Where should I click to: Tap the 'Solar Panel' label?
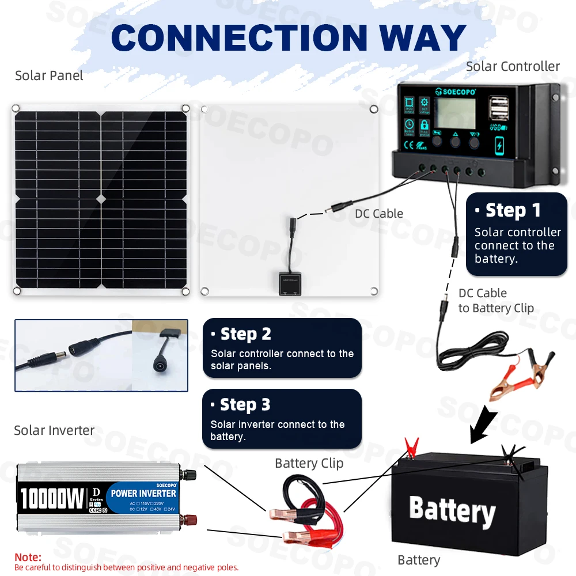(x=49, y=75)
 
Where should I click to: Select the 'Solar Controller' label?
(x=513, y=66)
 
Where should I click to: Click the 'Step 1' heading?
(x=513, y=210)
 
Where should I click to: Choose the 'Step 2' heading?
(x=245, y=334)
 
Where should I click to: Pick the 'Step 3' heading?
(x=245, y=405)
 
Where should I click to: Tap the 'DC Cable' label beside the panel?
(x=378, y=214)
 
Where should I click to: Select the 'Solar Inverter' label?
(x=54, y=430)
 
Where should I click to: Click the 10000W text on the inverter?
(x=52, y=498)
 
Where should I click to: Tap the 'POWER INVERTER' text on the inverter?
(x=143, y=493)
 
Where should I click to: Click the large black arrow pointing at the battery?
(x=483, y=424)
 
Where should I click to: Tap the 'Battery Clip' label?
(x=309, y=463)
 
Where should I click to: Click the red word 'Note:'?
(x=28, y=557)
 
